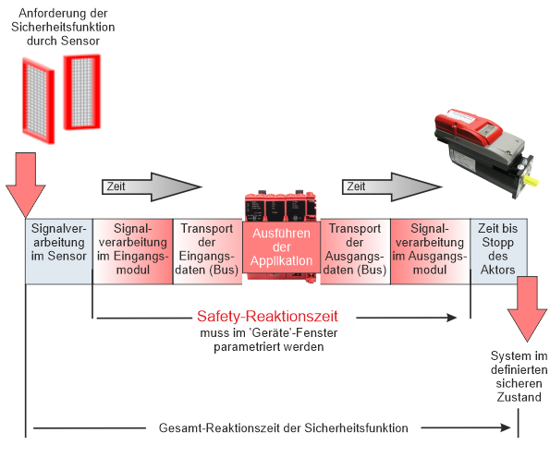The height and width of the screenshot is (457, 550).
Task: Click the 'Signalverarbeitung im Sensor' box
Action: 59,251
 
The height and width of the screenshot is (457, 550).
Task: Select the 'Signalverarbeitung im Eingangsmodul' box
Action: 133,251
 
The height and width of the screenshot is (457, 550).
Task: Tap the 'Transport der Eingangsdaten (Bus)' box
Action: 208,251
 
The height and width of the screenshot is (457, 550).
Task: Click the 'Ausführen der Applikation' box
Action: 281,247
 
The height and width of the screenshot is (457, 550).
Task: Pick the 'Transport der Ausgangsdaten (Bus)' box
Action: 355,251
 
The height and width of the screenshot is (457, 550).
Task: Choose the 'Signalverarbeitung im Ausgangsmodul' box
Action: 430,251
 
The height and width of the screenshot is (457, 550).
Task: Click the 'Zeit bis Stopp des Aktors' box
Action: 498,251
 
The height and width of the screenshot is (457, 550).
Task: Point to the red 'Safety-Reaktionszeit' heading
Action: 267,316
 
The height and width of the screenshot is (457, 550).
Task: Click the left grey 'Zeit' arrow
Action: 152,186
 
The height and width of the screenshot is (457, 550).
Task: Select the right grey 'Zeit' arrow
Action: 392,186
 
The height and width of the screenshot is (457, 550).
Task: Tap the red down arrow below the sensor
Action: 26,185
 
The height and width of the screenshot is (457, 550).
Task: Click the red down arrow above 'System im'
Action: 527,309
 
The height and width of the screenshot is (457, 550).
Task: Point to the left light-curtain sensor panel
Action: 38,101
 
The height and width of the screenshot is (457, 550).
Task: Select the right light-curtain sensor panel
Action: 82,92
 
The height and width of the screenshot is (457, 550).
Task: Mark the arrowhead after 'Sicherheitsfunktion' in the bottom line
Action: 506,427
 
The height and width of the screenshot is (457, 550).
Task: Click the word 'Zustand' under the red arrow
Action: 519,397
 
